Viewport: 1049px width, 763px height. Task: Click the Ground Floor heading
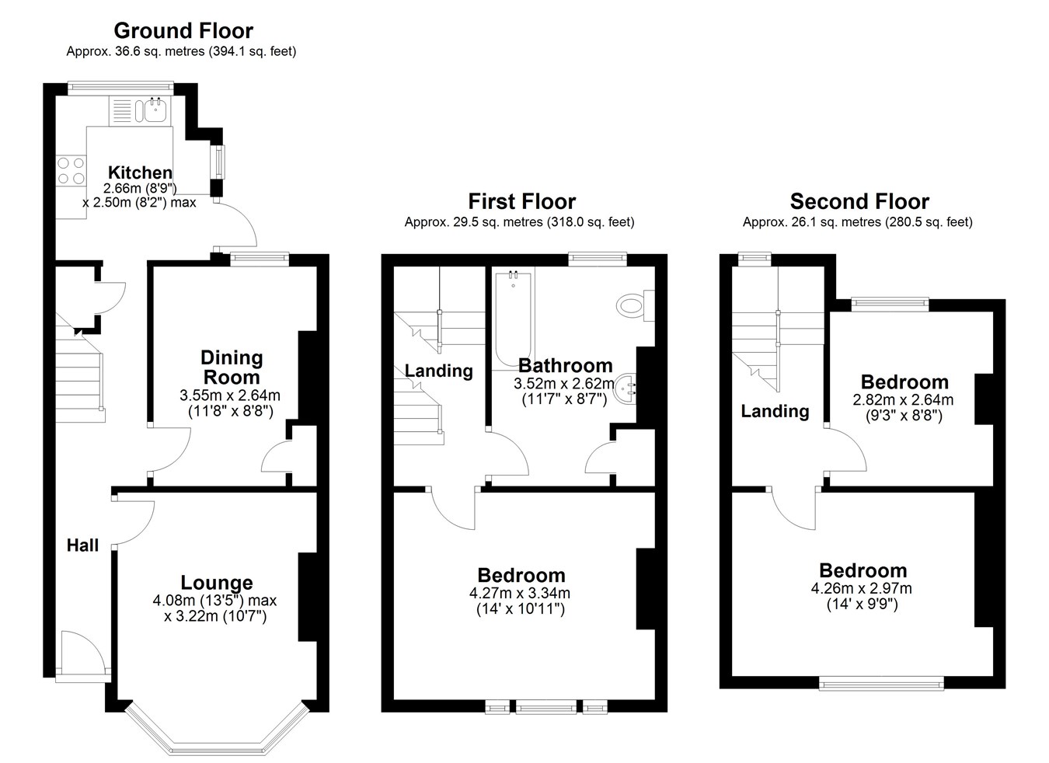[183, 31]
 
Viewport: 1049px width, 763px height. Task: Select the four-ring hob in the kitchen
[71, 170]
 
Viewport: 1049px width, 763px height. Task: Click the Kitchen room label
[140, 172]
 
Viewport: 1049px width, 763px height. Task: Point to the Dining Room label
[232, 368]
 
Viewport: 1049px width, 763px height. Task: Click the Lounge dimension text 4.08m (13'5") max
[214, 600]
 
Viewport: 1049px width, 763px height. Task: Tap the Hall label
[82, 545]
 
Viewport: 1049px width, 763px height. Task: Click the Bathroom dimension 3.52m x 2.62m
[564, 384]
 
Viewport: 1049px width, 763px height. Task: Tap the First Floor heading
[521, 201]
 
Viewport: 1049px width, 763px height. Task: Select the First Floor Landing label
[439, 371]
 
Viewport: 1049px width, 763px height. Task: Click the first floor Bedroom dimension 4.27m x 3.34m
[520, 593]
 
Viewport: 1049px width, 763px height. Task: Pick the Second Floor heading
[859, 201]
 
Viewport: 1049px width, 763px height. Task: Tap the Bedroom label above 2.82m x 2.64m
[904, 382]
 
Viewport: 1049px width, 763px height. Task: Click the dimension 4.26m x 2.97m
[861, 588]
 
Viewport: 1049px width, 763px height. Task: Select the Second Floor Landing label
[775, 411]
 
